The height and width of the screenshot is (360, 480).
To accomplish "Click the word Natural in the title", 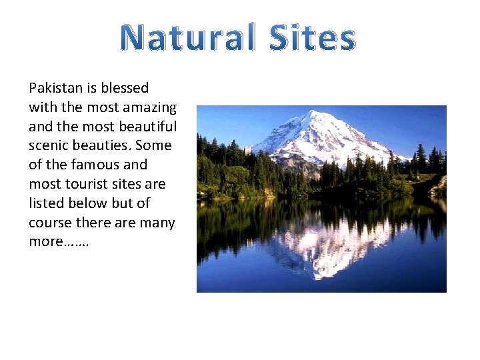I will point(188,38).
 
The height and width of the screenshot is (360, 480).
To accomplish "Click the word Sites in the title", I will point(313,38).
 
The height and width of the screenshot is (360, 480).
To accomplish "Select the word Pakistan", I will point(55,88).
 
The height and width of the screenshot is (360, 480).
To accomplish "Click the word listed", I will point(47,203).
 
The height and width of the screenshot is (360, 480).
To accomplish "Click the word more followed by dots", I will point(59,242).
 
